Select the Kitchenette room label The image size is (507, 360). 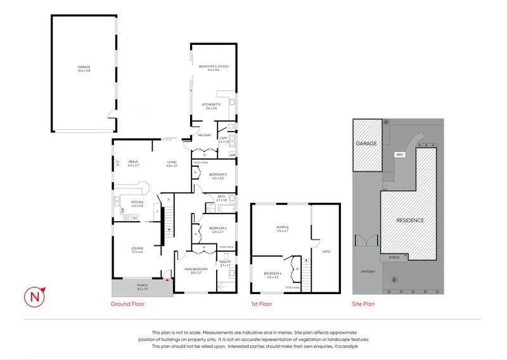pos(210,106)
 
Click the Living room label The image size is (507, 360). pos(172,163)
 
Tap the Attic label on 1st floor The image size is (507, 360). pos(327,252)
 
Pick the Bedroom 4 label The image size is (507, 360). pos(273,274)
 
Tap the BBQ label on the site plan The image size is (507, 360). pos(399,154)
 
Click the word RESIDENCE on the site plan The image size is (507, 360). pos(410,220)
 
